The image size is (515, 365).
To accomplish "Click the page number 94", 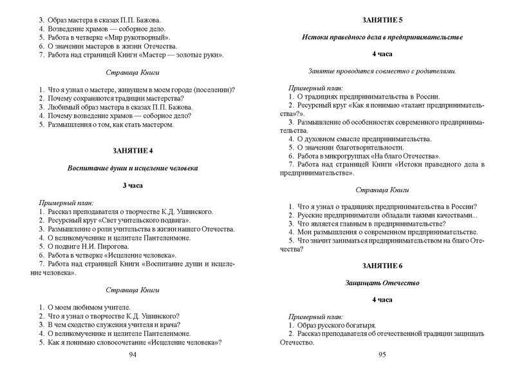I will [133, 355].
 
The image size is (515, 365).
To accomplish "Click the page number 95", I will [382, 355].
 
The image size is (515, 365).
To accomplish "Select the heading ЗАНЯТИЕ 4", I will [133, 151].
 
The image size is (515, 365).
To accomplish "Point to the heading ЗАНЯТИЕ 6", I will [382, 266].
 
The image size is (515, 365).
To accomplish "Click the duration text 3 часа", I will [133, 186].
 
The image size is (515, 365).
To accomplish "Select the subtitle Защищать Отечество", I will [382, 283].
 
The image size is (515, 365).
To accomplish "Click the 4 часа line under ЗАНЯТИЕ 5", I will [382, 54].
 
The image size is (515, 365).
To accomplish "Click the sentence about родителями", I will [382, 70].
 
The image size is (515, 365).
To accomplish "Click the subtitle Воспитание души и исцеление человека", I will [133, 168].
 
